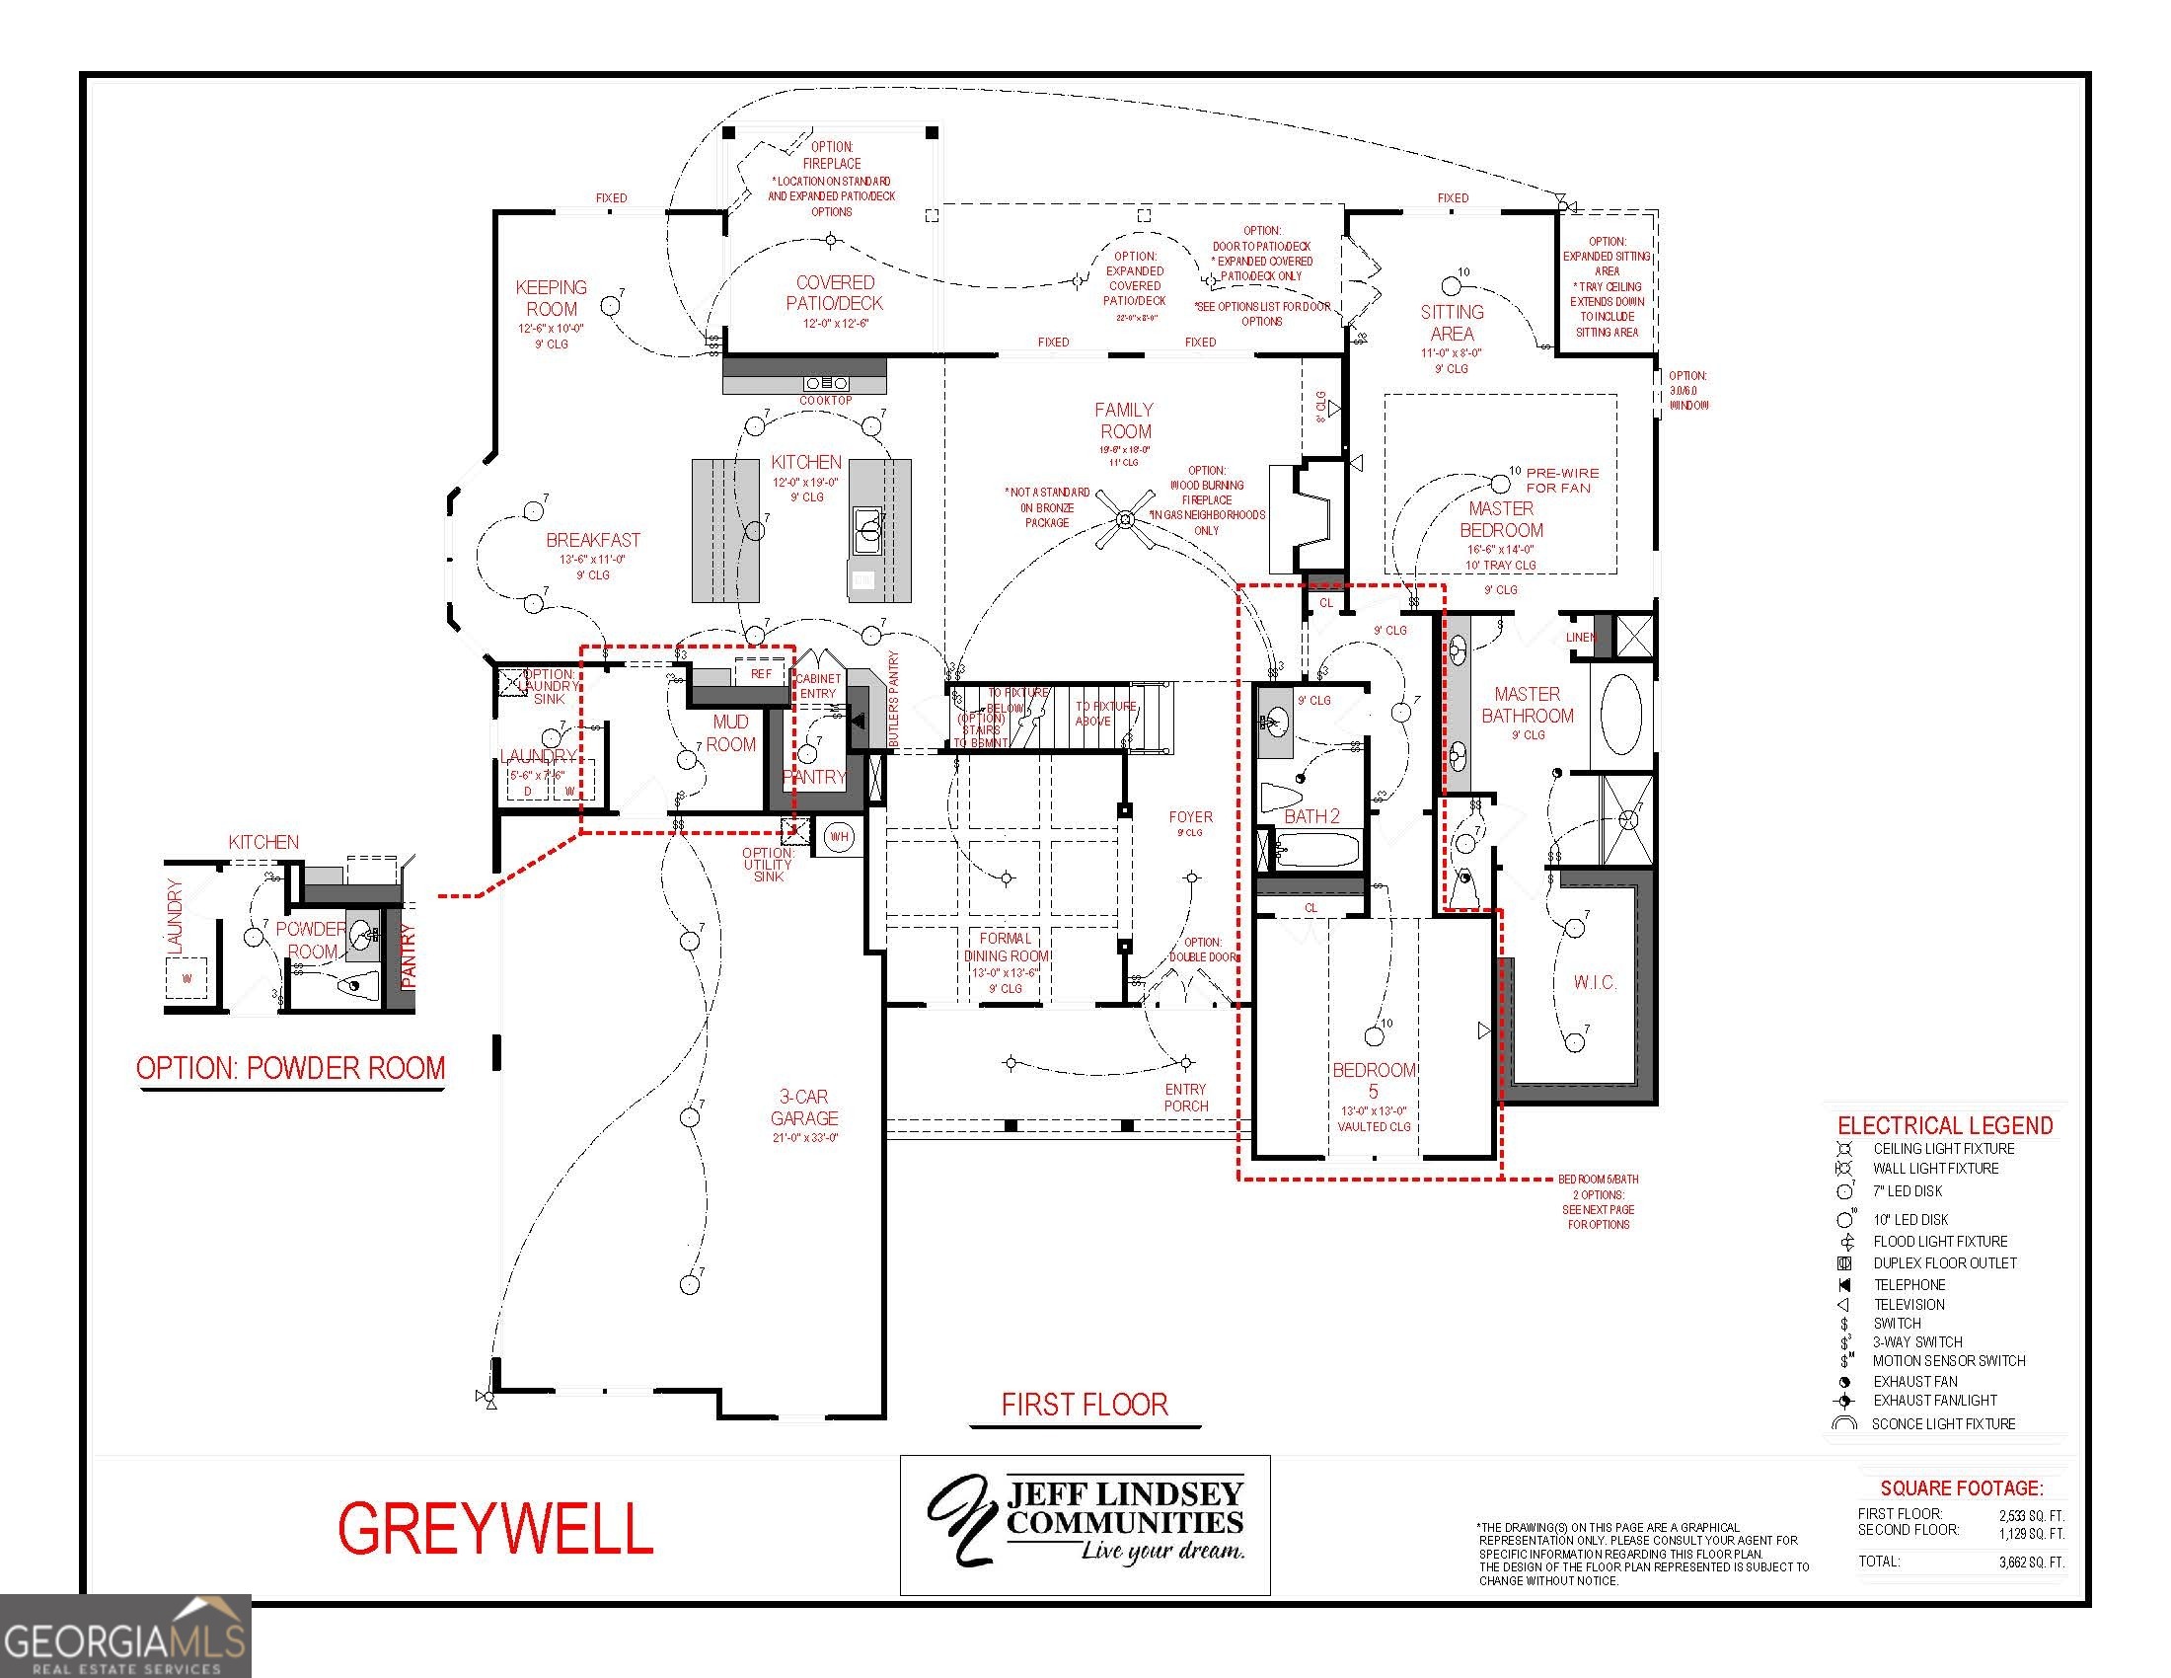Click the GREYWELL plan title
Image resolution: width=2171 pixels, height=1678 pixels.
tap(495, 1528)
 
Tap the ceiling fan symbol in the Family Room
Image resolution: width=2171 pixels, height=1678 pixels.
tap(1125, 520)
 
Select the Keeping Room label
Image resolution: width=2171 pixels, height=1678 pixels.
tap(551, 298)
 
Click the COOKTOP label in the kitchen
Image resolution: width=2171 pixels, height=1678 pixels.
tap(826, 401)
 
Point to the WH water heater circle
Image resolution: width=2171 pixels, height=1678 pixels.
tap(839, 837)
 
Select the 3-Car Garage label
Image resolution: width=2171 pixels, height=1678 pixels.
tap(803, 1107)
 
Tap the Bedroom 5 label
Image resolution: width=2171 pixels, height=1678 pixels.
tap(1374, 1081)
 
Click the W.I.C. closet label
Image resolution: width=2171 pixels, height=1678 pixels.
tap(1595, 982)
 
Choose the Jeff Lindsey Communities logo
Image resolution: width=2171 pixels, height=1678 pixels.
tap(1085, 1524)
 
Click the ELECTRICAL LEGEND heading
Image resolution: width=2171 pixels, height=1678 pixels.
tap(1944, 1125)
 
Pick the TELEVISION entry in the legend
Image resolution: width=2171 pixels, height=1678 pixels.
tap(1909, 1304)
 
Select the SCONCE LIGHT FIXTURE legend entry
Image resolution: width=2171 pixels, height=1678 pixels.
tap(1942, 1423)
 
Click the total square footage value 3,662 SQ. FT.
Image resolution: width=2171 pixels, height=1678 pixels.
tap(2031, 1562)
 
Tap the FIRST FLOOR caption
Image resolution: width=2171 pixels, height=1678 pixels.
tap(1085, 1405)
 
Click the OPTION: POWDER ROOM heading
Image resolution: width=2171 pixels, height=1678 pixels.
tap(290, 1069)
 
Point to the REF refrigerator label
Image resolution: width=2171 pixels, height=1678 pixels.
tap(761, 674)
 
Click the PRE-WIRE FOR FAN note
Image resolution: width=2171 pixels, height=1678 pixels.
tap(1563, 480)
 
